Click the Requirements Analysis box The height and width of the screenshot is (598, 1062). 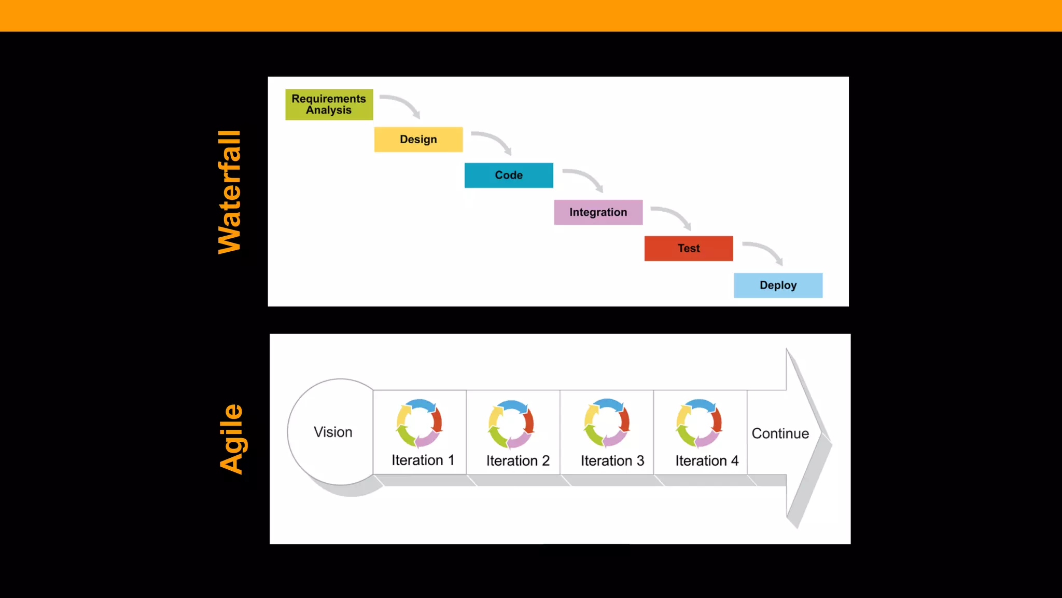point(329,104)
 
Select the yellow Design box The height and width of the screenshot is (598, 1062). point(418,139)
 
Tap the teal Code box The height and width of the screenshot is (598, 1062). point(508,175)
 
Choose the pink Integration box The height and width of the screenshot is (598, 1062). point(598,212)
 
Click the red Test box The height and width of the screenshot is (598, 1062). point(688,248)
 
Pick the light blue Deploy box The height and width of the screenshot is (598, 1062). point(778,285)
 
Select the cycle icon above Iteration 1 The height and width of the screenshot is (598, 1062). point(419,423)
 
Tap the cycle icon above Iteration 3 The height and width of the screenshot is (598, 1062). point(607,423)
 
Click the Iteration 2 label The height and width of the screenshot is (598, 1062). point(518,460)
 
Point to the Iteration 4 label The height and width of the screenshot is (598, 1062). point(706,460)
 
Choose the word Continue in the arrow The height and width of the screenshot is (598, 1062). point(780,433)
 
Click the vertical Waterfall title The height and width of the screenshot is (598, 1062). point(230,192)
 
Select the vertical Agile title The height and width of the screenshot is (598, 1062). point(231,439)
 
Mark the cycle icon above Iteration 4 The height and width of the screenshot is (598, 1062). point(699,423)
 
